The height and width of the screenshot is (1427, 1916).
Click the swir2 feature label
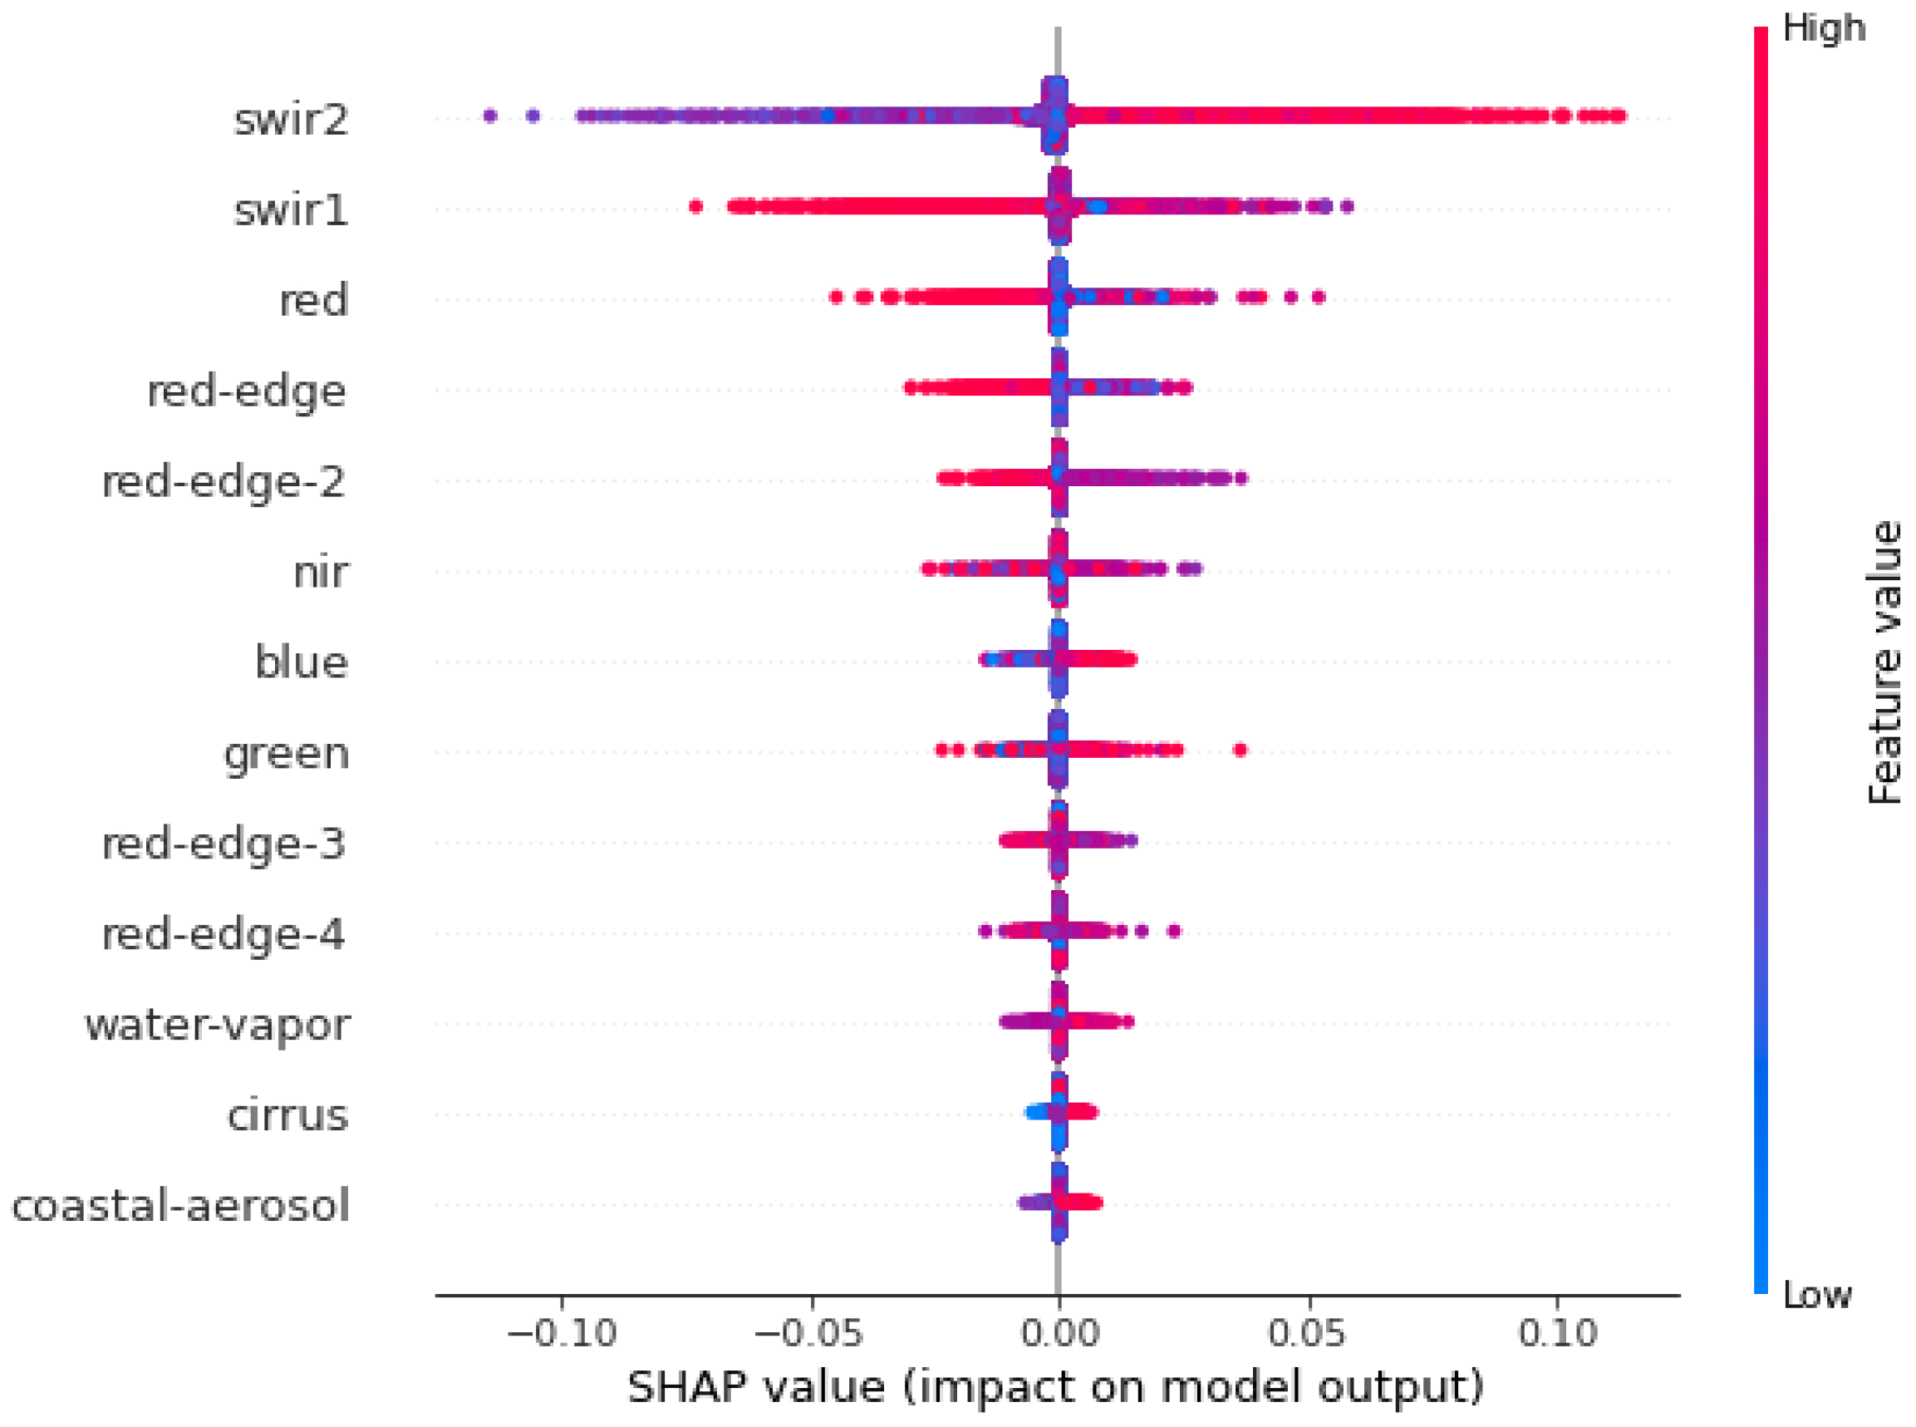(x=291, y=118)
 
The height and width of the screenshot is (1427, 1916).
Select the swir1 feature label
(x=291, y=209)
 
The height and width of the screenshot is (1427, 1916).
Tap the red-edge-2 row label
(x=224, y=481)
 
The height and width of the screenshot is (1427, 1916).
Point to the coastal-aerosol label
(x=180, y=1205)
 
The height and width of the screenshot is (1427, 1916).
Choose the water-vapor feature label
(x=218, y=1025)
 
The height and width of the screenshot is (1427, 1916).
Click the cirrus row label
(x=287, y=1115)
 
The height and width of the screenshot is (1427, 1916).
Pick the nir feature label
(x=322, y=572)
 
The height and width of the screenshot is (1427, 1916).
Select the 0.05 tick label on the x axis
(x=1306, y=1334)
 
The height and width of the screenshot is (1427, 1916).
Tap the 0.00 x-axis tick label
(x=1059, y=1334)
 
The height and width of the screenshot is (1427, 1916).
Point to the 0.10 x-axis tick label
(x=1558, y=1334)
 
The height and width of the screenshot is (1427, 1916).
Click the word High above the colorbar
(x=1824, y=27)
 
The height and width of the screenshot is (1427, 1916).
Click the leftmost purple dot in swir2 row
(x=490, y=115)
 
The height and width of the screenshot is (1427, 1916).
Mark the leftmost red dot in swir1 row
(x=696, y=205)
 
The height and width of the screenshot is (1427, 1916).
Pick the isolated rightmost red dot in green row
(x=1240, y=749)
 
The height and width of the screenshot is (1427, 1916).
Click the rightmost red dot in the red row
(x=1318, y=298)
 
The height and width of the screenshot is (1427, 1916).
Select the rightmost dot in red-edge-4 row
(x=1173, y=930)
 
